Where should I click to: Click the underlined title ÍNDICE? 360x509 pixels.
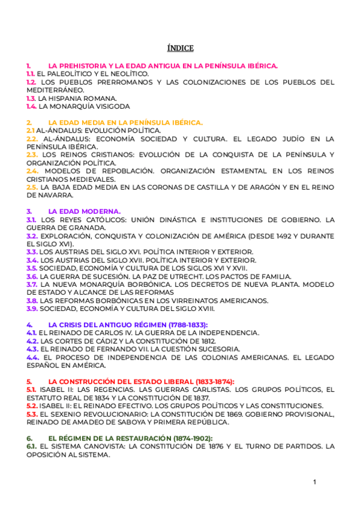coord(180,48)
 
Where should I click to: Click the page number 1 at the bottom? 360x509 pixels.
coord(314,481)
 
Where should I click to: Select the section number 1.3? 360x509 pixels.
coord(31,98)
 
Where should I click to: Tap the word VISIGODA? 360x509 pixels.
coord(110,106)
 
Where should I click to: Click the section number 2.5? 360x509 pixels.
coord(32,187)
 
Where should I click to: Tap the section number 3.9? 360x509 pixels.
coord(32,309)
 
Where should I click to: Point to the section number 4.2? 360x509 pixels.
coord(32,341)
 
